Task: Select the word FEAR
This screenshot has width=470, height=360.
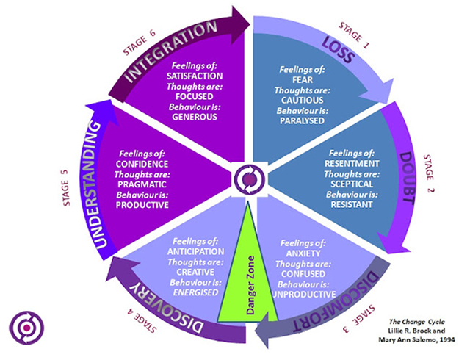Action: (x=302, y=79)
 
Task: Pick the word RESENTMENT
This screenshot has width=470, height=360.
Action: (x=352, y=162)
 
